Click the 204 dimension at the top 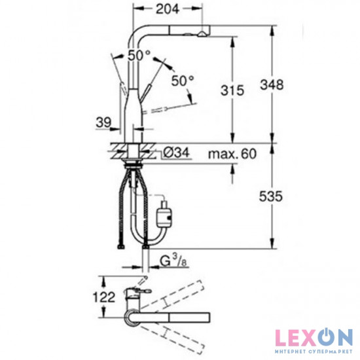[x=168, y=9]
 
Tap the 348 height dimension [x=272, y=84]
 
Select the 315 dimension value [x=232, y=90]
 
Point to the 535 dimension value [x=270, y=196]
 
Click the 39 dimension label [x=103, y=122]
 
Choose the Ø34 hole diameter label [x=176, y=153]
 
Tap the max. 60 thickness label [x=232, y=154]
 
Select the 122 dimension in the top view [x=103, y=298]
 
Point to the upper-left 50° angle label [x=139, y=56]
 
